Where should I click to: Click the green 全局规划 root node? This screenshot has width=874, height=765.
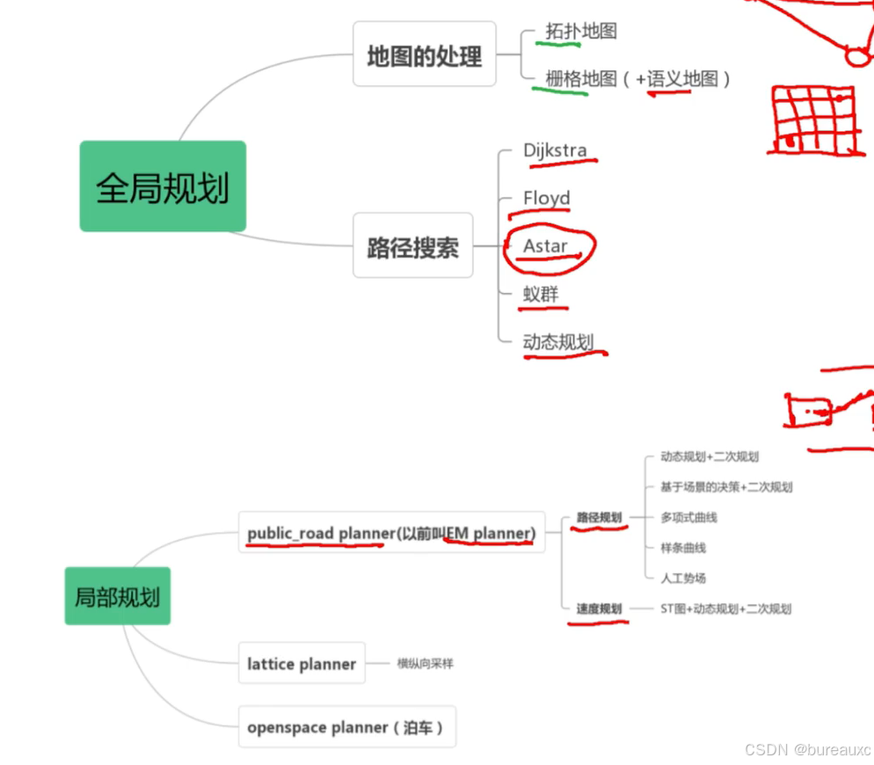tap(163, 186)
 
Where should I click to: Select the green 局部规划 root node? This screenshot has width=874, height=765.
tap(117, 596)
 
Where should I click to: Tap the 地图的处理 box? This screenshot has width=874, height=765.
tap(425, 55)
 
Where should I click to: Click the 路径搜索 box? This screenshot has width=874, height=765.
tap(413, 245)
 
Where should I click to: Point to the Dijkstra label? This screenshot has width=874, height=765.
tap(555, 150)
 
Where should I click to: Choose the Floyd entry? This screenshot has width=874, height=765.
tap(546, 198)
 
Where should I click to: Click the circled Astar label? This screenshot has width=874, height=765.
tap(546, 246)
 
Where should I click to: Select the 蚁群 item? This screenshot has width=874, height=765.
tap(541, 294)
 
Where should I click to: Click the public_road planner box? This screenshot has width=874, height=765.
tap(391, 533)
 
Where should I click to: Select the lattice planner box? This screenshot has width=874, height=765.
tap(302, 663)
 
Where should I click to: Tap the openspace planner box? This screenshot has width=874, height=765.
tap(346, 727)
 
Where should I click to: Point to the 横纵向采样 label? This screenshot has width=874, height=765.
tap(425, 663)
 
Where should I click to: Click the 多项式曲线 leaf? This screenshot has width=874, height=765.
tap(688, 517)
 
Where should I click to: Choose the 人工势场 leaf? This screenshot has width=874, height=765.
tap(683, 578)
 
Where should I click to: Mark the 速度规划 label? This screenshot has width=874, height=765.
tap(599, 608)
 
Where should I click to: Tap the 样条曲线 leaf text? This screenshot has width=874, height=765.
tap(683, 548)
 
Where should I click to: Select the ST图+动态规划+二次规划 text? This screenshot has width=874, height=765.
tap(725, 608)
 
